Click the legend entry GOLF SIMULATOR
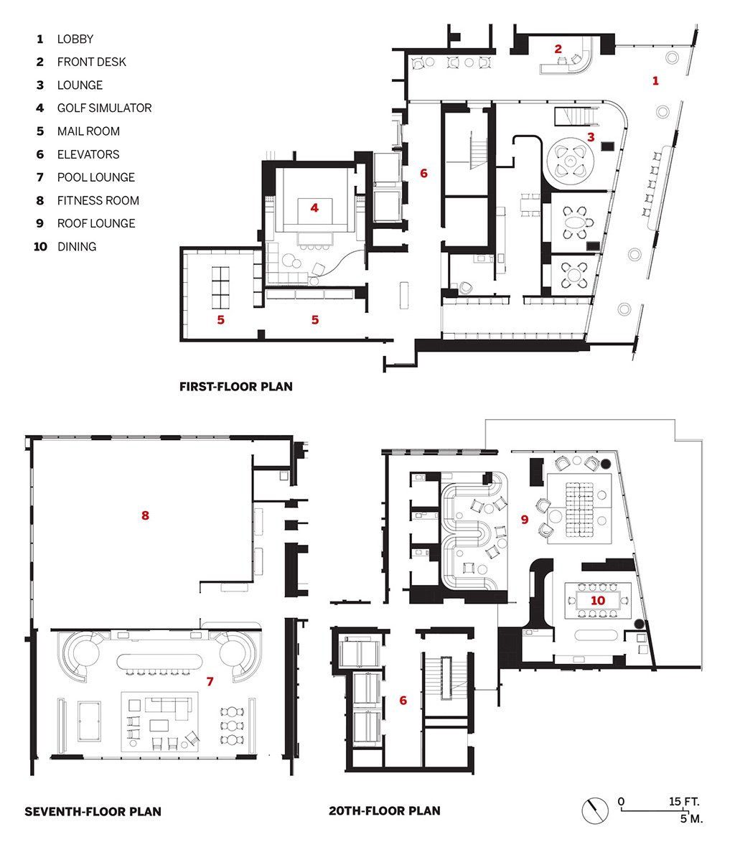(104, 108)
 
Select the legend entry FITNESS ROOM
(98, 200)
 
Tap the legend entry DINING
(77, 246)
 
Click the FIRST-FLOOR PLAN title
(236, 386)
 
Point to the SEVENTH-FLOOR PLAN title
(93, 811)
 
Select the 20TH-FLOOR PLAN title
(385, 811)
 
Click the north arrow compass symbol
(595, 811)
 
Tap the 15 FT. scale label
(684, 801)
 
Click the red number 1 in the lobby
(655, 81)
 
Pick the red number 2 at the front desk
(558, 49)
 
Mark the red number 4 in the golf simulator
(314, 207)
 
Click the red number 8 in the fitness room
(145, 515)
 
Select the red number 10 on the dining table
(597, 601)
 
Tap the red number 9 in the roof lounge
(525, 520)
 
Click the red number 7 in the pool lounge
(210, 682)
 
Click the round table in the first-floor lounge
(571, 161)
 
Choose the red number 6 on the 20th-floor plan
(403, 701)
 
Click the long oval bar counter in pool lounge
(160, 662)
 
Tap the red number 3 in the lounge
(591, 137)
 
